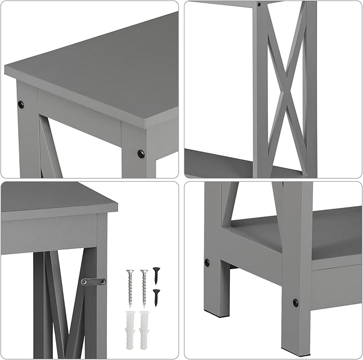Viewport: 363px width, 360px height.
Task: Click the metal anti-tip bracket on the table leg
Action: [x=93, y=281]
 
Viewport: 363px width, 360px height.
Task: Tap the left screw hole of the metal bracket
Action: [x=84, y=281]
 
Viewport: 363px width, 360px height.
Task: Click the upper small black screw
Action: [x=156, y=274]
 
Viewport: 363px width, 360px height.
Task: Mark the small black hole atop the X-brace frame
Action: [x=259, y=4]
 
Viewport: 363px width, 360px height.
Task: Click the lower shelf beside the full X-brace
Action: [x=219, y=160]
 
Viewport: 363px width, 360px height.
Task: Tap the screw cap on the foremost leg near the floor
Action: [x=295, y=303]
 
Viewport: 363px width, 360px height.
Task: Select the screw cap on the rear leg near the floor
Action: [x=207, y=263]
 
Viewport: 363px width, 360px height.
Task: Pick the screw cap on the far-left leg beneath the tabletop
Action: [x=22, y=103]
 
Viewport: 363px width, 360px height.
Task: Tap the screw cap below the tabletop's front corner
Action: [x=141, y=154]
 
